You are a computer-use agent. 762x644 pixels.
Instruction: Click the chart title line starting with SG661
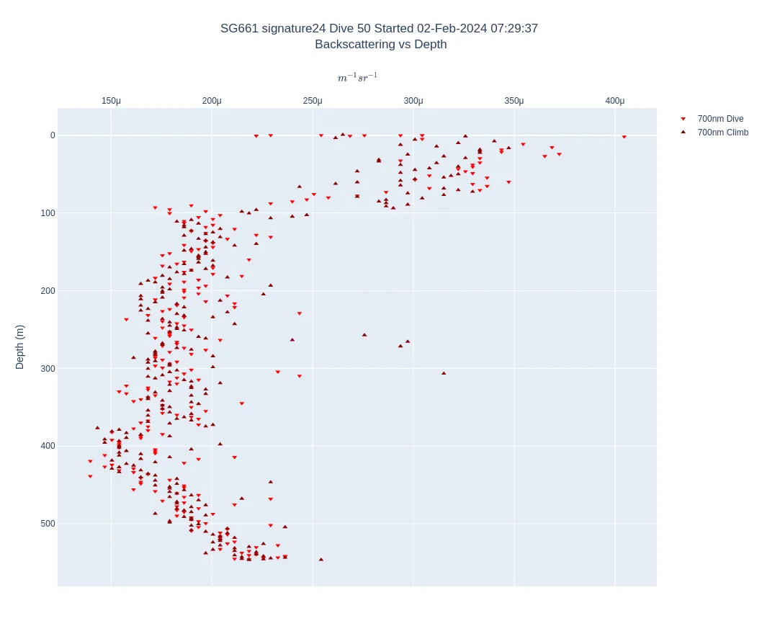(379, 29)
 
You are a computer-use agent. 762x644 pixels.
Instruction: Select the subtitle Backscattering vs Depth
(380, 45)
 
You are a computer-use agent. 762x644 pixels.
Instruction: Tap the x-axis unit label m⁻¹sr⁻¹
(357, 78)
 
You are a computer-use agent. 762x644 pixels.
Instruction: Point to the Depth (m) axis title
(19, 346)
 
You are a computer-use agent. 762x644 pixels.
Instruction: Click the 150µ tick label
(111, 101)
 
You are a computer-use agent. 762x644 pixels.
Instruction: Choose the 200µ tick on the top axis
(212, 101)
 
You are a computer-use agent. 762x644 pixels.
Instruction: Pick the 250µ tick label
(313, 101)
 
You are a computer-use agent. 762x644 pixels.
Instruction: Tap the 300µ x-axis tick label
(413, 101)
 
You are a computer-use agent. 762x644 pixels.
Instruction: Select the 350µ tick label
(514, 101)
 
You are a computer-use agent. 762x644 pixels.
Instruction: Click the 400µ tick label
(615, 101)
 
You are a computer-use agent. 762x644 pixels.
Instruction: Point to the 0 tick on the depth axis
(52, 135)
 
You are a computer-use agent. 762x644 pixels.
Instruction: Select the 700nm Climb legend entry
(722, 133)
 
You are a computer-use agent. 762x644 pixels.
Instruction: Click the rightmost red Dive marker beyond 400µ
(624, 137)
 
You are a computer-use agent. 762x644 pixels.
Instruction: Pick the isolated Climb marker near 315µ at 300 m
(444, 373)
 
